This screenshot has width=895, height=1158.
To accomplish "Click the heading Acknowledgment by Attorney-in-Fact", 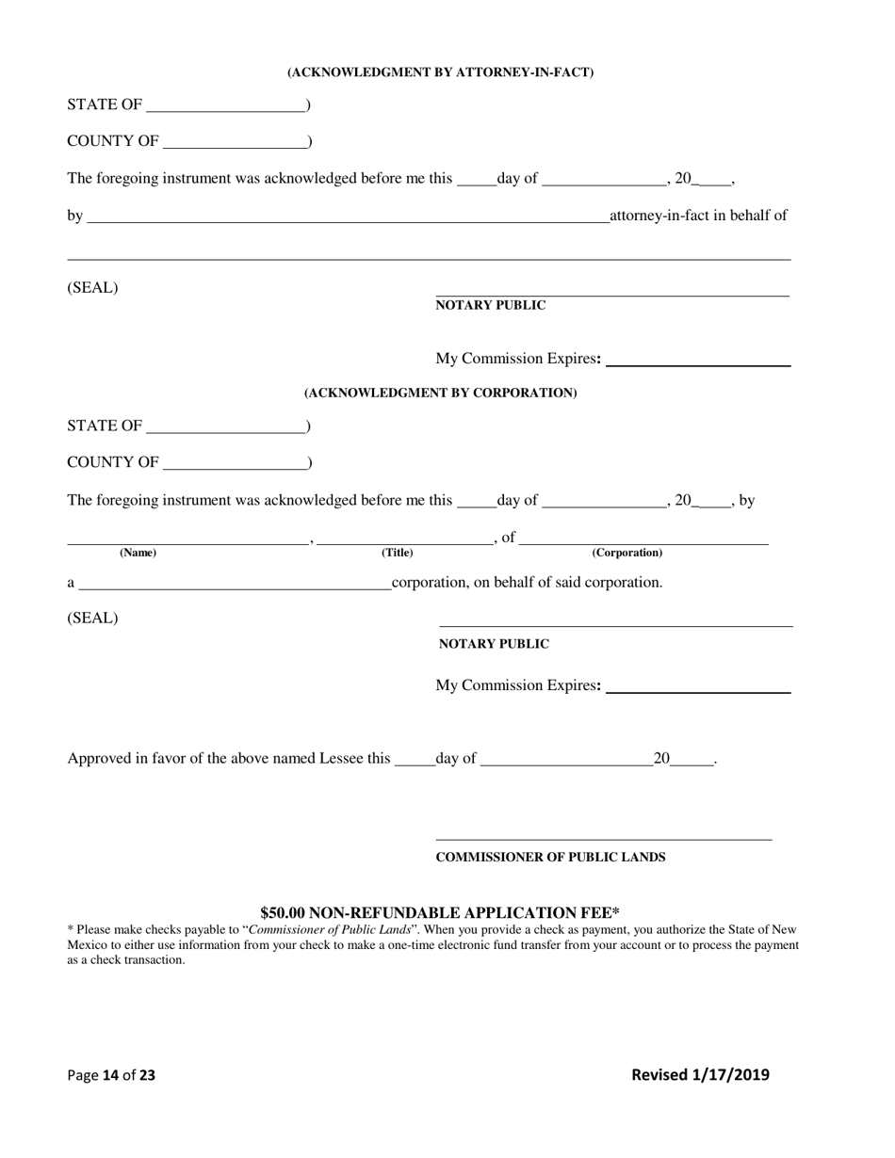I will click(x=440, y=72).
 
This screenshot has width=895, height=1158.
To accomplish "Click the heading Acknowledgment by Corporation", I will click(x=440, y=393).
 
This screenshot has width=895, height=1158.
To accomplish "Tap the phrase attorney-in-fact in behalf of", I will click(x=698, y=216).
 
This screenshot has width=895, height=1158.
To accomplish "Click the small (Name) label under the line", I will click(x=138, y=553).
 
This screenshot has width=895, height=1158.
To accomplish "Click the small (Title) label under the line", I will click(x=397, y=553).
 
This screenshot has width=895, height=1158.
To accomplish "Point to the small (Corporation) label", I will click(x=626, y=553).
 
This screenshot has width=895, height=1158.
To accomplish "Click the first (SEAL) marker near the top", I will click(x=92, y=288).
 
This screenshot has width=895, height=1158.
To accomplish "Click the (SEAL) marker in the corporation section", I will click(x=92, y=619).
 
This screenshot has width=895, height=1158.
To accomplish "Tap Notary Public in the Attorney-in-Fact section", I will click(x=490, y=305).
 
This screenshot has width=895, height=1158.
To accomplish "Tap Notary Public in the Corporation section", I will click(x=494, y=644).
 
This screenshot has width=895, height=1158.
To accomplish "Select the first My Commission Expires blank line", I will click(x=698, y=360).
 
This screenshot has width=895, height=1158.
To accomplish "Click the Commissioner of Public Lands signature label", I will click(x=550, y=858).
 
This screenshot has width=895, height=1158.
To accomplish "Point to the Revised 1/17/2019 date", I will click(x=699, y=1075).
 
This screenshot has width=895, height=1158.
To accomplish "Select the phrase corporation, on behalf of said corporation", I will click(x=527, y=583).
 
